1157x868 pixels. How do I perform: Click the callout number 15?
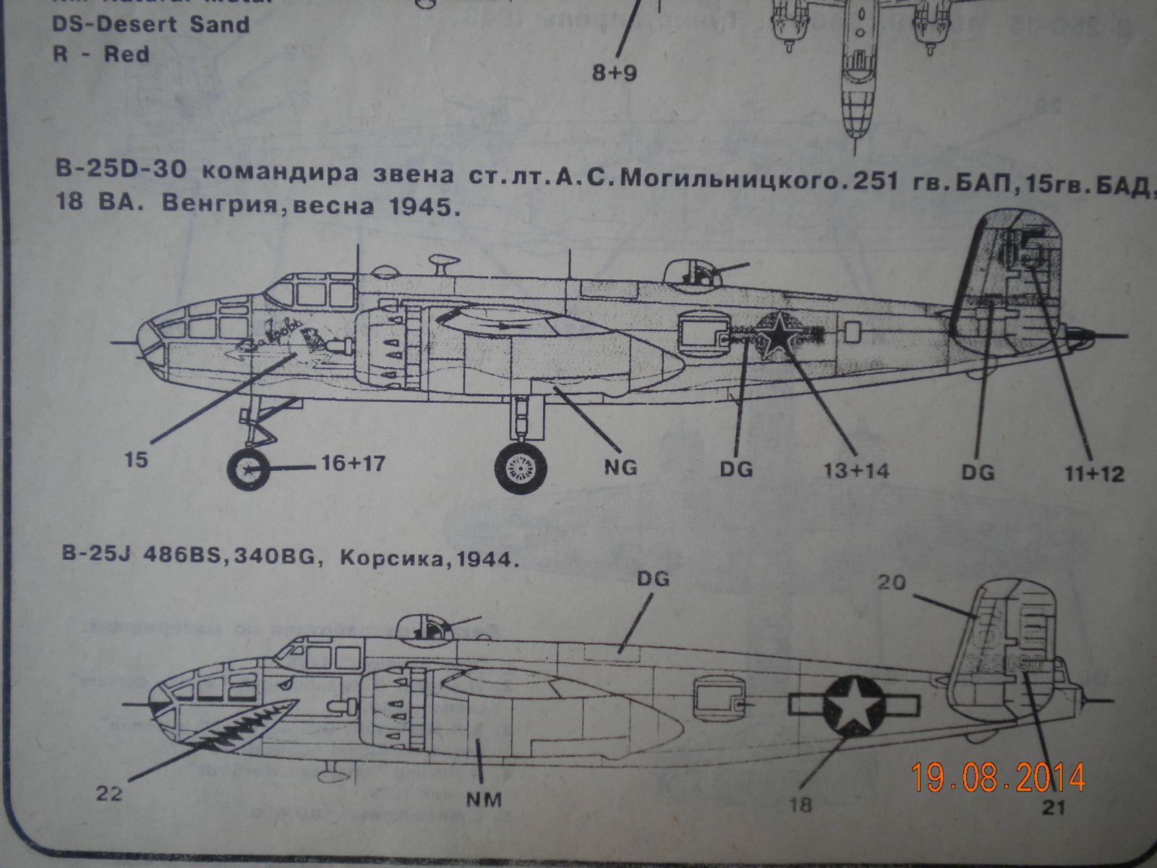point(135,460)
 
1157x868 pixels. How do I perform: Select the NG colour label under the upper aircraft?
point(620,467)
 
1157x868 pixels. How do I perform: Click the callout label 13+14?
point(857,472)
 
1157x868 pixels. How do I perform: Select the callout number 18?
point(801,804)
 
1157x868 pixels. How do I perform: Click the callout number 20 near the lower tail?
point(892,582)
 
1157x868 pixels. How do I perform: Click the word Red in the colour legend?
point(127,54)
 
